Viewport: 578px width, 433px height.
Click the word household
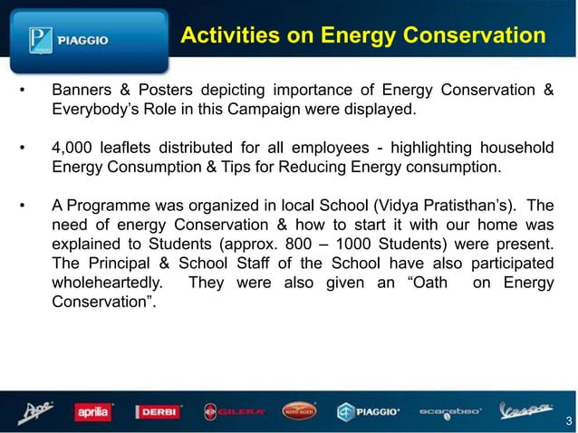(x=515, y=148)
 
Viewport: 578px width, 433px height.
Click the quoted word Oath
(x=430, y=283)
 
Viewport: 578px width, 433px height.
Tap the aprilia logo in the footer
(x=93, y=412)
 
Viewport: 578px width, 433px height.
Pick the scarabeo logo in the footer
(x=451, y=412)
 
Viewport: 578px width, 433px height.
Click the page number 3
(x=568, y=420)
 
